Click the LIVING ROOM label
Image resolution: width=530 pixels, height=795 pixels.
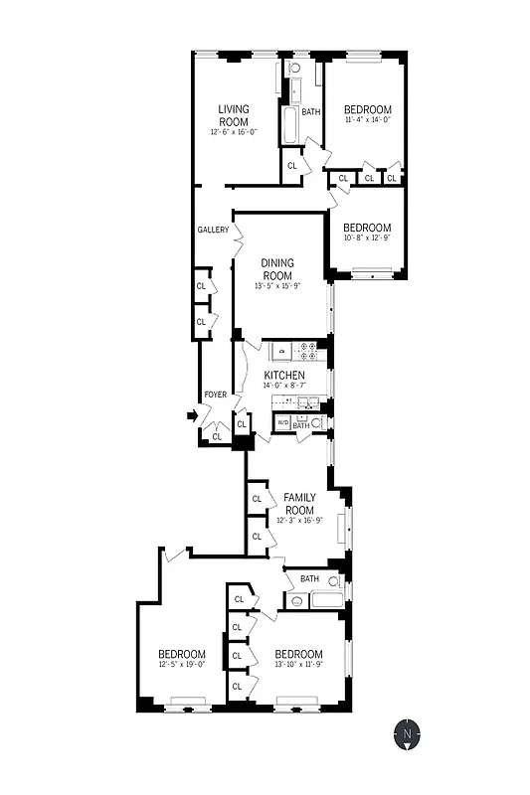coord(234,114)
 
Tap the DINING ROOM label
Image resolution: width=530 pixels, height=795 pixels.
coord(277,268)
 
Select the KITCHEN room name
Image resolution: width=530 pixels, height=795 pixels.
coord(283,375)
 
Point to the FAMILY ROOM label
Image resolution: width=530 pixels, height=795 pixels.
coord(299,502)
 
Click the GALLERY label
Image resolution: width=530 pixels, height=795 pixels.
coord(213,230)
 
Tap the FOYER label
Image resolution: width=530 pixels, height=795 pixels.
coord(215,395)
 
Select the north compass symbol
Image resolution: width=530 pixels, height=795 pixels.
coord(407,735)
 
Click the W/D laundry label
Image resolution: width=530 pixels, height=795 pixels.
coord(281,424)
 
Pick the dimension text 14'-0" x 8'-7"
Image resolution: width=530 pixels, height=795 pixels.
coord(284,386)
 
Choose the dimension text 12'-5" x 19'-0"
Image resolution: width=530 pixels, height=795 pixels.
coord(181,665)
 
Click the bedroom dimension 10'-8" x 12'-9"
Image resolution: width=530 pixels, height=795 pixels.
coord(367,238)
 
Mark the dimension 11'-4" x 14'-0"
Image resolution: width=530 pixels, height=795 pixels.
coord(367,120)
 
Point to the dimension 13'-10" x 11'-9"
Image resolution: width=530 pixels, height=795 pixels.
coord(299,665)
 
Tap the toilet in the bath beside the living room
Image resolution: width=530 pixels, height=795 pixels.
coord(294,69)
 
